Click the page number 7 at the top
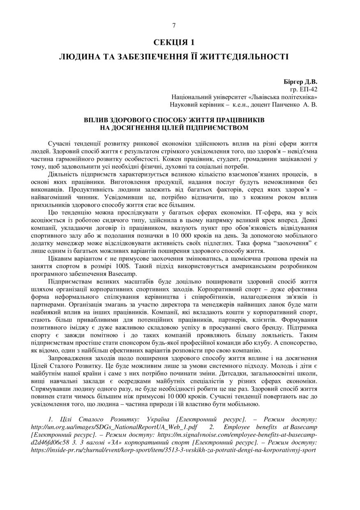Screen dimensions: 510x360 [x=174, y=25]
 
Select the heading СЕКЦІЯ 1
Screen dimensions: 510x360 [x=174, y=42]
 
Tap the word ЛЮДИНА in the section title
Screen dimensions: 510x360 [x=79, y=57]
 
